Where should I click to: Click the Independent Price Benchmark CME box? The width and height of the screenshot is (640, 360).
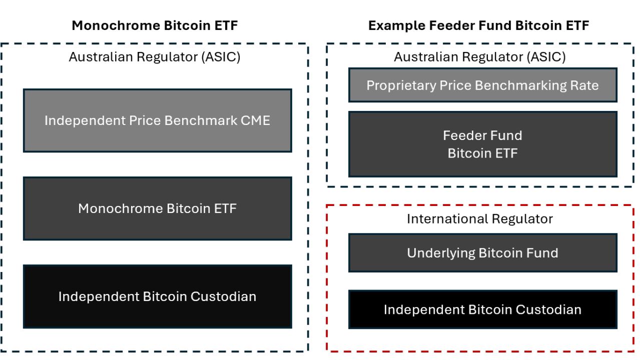point(158,120)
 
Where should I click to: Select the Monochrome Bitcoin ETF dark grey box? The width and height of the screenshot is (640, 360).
point(158,208)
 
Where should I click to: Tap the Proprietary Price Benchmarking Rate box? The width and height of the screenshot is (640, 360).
point(482,85)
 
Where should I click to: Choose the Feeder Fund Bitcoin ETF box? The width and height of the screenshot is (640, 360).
point(482,144)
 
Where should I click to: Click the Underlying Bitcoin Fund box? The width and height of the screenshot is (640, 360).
point(482,253)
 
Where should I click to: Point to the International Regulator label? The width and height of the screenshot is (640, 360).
point(480,219)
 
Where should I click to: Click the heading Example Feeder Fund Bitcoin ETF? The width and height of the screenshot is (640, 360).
point(478,25)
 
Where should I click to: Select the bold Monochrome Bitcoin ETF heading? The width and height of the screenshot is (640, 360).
point(155,25)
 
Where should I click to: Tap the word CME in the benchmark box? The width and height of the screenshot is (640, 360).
point(255,120)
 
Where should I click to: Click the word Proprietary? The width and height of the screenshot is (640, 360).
point(401,86)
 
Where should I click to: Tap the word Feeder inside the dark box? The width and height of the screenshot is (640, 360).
point(464,135)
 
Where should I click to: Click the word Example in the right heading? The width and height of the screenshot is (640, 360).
point(397,26)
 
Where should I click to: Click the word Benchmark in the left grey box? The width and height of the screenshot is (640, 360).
point(201,120)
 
